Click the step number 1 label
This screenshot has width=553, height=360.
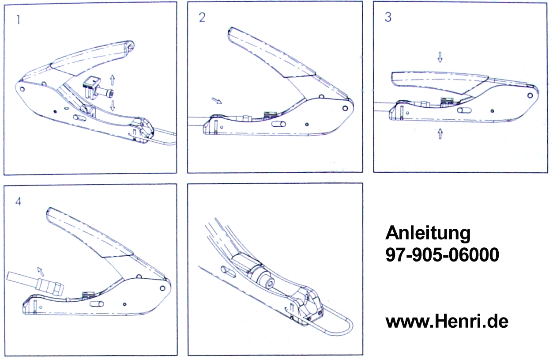click(18, 20)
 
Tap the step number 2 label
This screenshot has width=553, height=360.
click(202, 18)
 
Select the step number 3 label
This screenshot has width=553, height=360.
click(388, 17)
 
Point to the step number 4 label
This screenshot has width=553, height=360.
click(18, 201)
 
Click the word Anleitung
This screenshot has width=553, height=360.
click(428, 233)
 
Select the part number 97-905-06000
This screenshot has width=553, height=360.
click(442, 255)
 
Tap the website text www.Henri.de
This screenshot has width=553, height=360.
click(447, 322)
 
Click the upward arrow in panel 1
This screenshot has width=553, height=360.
click(113, 80)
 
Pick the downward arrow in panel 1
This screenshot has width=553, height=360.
click(113, 106)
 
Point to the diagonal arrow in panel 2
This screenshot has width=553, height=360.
click(217, 101)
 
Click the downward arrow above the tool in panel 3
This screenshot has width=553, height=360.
click(440, 57)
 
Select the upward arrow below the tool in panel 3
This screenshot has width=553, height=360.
click(440, 134)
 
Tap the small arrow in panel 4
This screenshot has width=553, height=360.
click(41, 271)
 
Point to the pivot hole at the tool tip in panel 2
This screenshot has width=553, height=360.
click(345, 108)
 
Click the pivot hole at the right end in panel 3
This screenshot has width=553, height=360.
click(530, 95)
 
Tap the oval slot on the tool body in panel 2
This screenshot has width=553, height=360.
click(278, 124)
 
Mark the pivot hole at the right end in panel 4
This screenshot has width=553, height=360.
click(162, 288)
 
